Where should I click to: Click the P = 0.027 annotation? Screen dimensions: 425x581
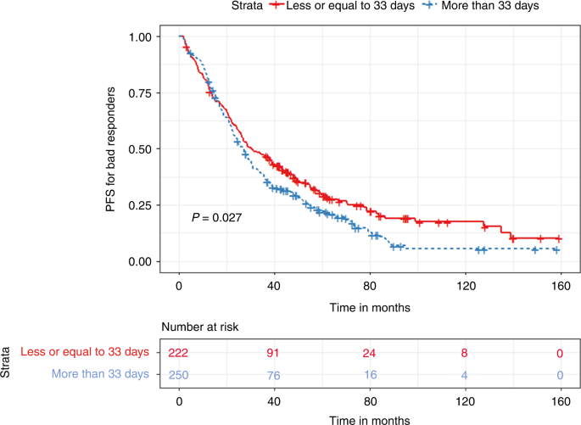[x=216, y=218]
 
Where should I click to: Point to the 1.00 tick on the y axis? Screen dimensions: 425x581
[x=143, y=37]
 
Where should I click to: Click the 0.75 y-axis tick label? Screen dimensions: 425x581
[x=143, y=93]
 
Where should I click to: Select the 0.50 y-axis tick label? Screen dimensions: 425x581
[x=143, y=149]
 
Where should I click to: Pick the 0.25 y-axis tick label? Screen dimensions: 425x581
[x=143, y=205]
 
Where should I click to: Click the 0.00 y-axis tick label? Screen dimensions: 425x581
[x=143, y=261]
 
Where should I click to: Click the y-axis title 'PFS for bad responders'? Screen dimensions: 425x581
[x=112, y=149]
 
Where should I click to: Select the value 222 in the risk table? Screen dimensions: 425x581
[x=179, y=352]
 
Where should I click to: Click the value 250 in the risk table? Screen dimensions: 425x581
[x=179, y=374]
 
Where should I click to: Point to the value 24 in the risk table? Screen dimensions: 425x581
[x=369, y=352]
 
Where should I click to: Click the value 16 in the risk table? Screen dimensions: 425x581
[x=369, y=374]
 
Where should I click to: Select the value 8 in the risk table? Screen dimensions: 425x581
[x=464, y=352]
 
